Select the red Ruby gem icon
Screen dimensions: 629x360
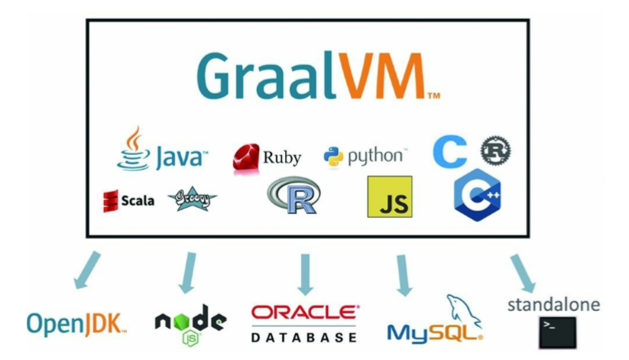[247, 157]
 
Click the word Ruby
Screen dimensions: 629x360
[282, 158]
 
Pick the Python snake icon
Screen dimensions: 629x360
[333, 157]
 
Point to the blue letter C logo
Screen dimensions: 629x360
[449, 152]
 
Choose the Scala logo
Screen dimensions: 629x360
[128, 200]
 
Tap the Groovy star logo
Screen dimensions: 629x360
[192, 199]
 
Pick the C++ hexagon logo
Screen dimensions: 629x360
[477, 195]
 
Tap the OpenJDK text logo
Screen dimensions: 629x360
[76, 323]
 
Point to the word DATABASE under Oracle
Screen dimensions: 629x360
[304, 336]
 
